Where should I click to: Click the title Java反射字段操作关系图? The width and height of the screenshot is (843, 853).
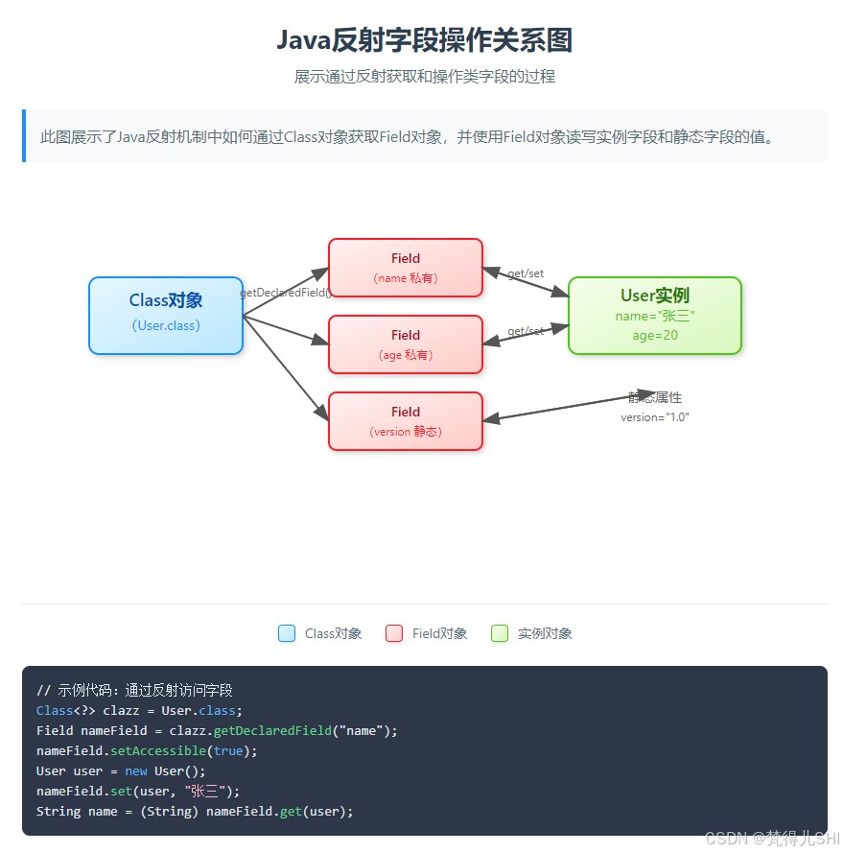pyautogui.click(x=424, y=40)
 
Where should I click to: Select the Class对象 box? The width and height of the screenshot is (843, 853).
pyautogui.click(x=166, y=315)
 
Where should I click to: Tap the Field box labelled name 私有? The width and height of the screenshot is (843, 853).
pyautogui.click(x=406, y=268)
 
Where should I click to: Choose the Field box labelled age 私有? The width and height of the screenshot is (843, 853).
pyautogui.click(x=406, y=344)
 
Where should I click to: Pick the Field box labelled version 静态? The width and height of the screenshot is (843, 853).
pyautogui.click(x=406, y=421)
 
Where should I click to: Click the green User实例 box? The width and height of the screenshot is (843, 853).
pyautogui.click(x=655, y=315)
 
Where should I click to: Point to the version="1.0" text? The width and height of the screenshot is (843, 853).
pyautogui.click(x=655, y=417)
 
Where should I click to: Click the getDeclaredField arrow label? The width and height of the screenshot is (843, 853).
pyautogui.click(x=285, y=293)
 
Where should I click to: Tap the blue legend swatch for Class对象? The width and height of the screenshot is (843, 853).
pyautogui.click(x=287, y=633)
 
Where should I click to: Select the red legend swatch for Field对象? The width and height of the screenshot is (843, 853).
pyautogui.click(x=394, y=633)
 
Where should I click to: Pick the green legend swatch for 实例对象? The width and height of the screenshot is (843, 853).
pyautogui.click(x=500, y=633)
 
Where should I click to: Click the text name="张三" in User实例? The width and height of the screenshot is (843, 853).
pyautogui.click(x=655, y=316)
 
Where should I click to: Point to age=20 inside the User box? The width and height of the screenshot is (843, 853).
pyautogui.click(x=655, y=336)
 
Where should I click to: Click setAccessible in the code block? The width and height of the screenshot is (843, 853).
pyautogui.click(x=156, y=750)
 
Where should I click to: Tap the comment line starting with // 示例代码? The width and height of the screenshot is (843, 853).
pyautogui.click(x=134, y=690)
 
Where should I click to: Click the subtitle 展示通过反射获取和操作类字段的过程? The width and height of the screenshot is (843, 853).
pyautogui.click(x=424, y=77)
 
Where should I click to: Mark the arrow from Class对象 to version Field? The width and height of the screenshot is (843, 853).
pyautogui.click(x=286, y=367)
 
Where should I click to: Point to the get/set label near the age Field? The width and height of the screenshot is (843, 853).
pyautogui.click(x=526, y=331)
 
